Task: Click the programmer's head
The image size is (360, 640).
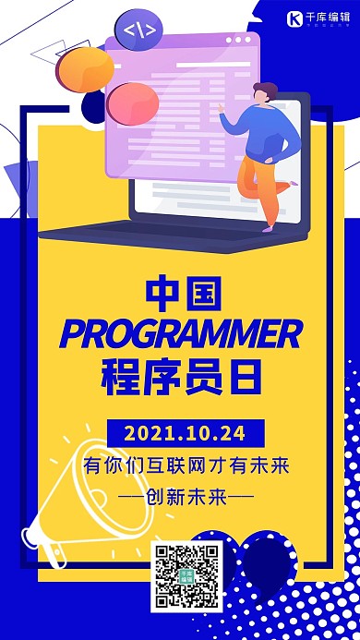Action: tap(264, 95)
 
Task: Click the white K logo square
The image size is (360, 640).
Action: tap(294, 18)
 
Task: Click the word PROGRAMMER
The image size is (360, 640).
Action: tap(181, 332)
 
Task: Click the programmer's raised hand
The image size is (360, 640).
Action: tap(222, 107)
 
